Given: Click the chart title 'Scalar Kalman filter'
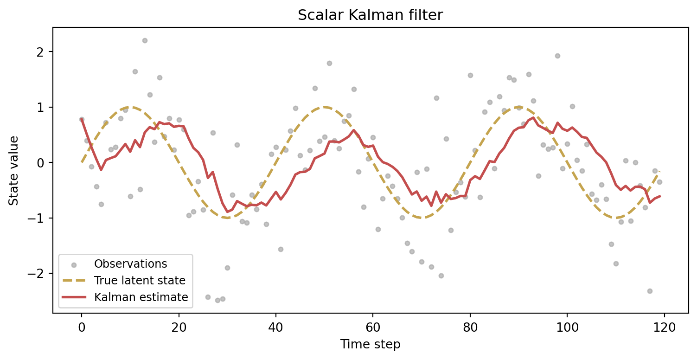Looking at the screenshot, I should tap(370, 15).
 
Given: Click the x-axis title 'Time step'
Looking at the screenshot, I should tap(370, 344).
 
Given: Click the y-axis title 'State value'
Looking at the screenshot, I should tap(14, 170).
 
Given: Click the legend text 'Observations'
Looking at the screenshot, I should tap(130, 264).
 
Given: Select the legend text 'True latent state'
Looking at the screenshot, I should tap(140, 281).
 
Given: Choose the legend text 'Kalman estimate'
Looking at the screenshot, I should tap(141, 297).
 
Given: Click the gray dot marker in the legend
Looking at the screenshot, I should tap(74, 265).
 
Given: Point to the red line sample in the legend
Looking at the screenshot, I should tap(74, 297).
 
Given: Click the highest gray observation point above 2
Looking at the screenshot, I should tap(145, 40).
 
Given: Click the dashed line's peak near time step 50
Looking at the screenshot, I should tap(325, 107).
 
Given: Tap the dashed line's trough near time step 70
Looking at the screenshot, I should tap(422, 218).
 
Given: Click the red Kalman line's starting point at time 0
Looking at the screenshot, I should tap(82, 119).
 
